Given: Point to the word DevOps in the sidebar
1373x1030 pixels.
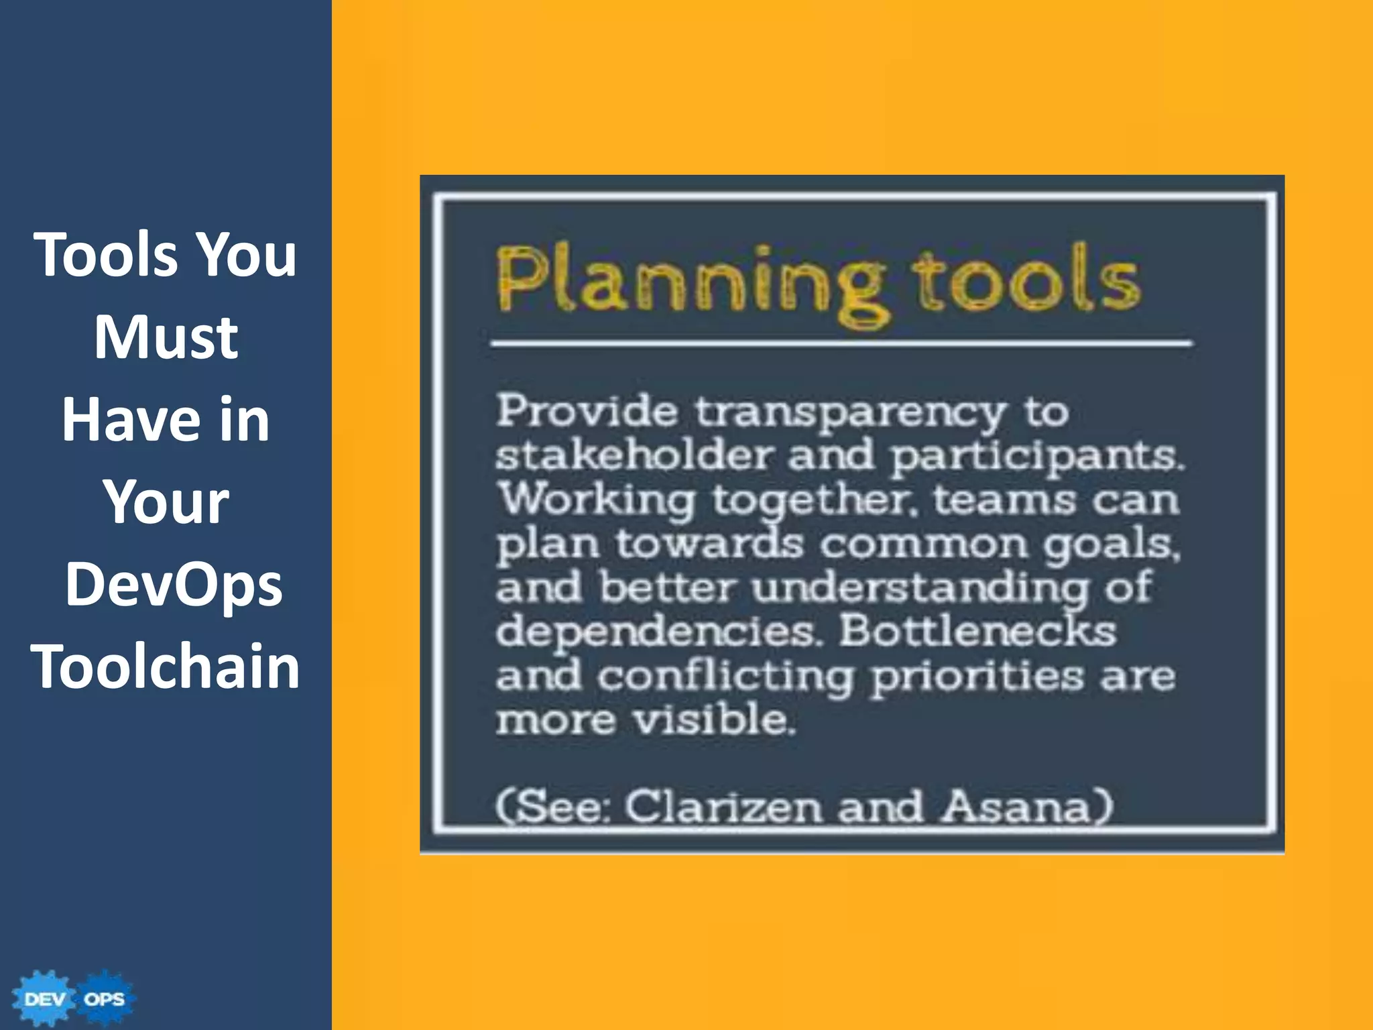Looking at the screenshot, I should coord(173,584).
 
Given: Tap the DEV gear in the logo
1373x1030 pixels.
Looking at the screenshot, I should coord(44,998).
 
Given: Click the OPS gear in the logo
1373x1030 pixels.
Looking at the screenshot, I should coord(105,998).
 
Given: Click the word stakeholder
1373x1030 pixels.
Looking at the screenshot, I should coord(634,456).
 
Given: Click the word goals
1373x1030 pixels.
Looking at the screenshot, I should coord(1110,545).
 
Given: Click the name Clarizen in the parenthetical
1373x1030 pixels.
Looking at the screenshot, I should coord(723,807).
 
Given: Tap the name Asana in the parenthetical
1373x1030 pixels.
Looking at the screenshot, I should coord(1026,807).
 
